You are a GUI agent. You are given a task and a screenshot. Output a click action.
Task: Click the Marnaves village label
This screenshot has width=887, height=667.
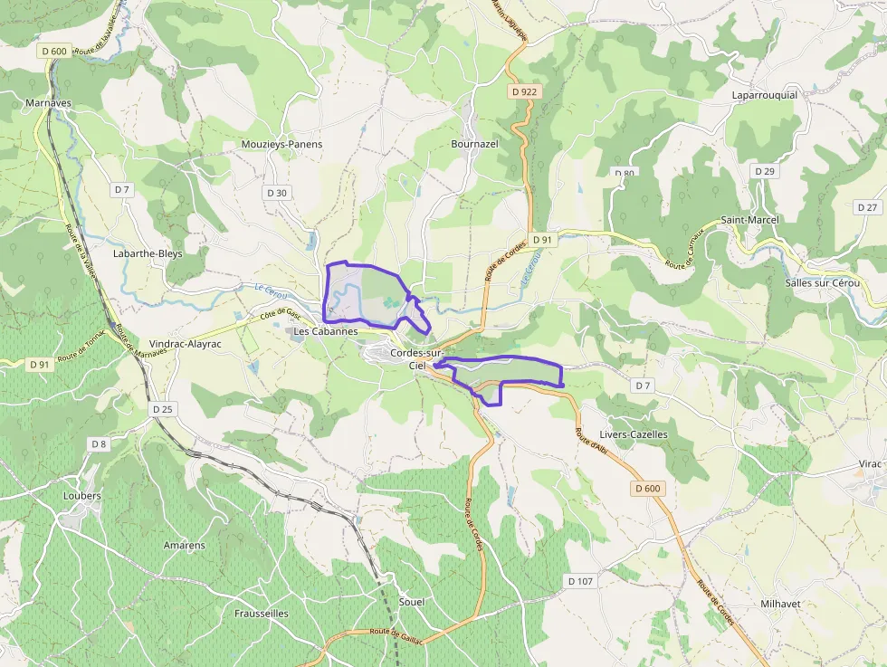(49, 103)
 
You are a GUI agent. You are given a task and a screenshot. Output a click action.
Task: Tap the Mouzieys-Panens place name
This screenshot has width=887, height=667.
(282, 144)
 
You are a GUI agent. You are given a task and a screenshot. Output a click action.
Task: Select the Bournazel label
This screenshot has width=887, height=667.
(475, 144)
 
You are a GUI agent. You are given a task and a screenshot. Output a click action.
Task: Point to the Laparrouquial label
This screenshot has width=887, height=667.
(765, 95)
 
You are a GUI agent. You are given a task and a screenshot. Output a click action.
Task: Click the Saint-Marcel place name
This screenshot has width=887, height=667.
(749, 220)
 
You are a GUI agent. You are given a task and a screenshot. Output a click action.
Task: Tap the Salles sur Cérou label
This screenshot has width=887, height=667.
(823, 283)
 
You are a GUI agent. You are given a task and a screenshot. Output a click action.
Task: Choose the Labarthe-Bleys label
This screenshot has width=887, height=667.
(148, 254)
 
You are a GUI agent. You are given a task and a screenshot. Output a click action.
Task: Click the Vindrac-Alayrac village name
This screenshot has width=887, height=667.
(185, 344)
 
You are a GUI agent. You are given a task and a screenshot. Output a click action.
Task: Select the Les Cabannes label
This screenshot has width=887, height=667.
(326, 332)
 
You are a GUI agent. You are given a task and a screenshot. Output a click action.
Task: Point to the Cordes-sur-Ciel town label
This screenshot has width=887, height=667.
(417, 358)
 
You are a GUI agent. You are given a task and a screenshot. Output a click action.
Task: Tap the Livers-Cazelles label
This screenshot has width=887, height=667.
(634, 434)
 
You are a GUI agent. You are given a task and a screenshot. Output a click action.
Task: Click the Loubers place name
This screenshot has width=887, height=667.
(82, 496)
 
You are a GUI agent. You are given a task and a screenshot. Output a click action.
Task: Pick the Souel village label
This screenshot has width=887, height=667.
(411, 602)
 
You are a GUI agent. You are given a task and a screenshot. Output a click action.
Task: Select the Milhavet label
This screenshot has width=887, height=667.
(780, 603)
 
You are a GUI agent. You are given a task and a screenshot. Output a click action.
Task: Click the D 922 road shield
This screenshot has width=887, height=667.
(523, 91)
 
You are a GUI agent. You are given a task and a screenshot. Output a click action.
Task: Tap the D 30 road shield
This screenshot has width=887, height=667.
(277, 193)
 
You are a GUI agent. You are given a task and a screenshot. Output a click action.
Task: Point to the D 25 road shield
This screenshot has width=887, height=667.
(163, 409)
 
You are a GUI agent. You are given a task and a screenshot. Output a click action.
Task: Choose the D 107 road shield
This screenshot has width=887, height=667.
(579, 580)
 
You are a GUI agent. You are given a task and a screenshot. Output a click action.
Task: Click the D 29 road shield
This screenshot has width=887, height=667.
(765, 171)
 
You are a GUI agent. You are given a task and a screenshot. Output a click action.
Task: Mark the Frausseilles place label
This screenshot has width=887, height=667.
(262, 613)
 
